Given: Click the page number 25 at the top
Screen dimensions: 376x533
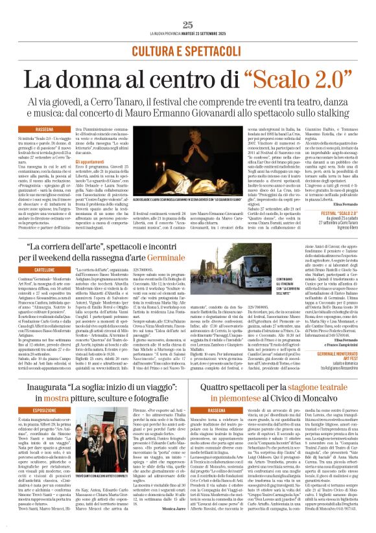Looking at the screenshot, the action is point(188,24).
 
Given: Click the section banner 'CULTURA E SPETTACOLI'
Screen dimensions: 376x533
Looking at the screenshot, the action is point(187,48).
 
